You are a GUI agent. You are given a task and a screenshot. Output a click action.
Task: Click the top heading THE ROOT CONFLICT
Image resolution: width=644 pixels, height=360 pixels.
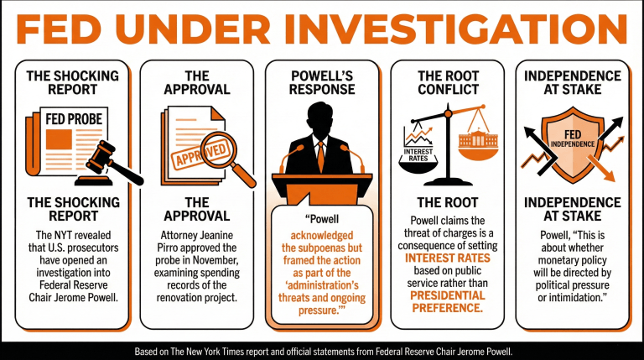pyautogui.click(x=447, y=81)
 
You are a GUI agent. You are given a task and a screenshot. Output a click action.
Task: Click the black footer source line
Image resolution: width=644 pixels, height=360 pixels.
pyautogui.click(x=321, y=351)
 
